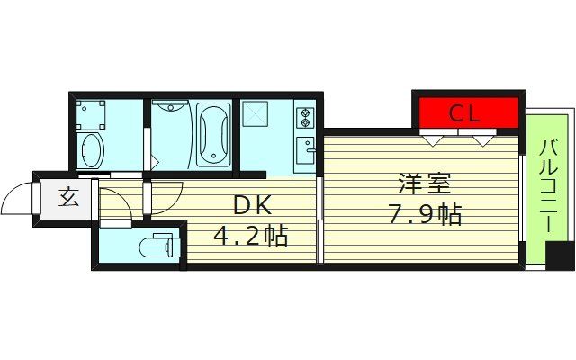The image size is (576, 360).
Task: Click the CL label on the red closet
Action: click(x=465, y=113)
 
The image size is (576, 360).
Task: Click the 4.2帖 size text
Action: click(x=250, y=236)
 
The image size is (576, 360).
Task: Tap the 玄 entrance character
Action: click(x=69, y=196)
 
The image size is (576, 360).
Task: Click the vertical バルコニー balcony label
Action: click(x=547, y=189)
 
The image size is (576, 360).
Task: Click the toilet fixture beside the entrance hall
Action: click(x=157, y=246)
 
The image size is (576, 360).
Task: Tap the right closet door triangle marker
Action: click(x=483, y=139)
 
